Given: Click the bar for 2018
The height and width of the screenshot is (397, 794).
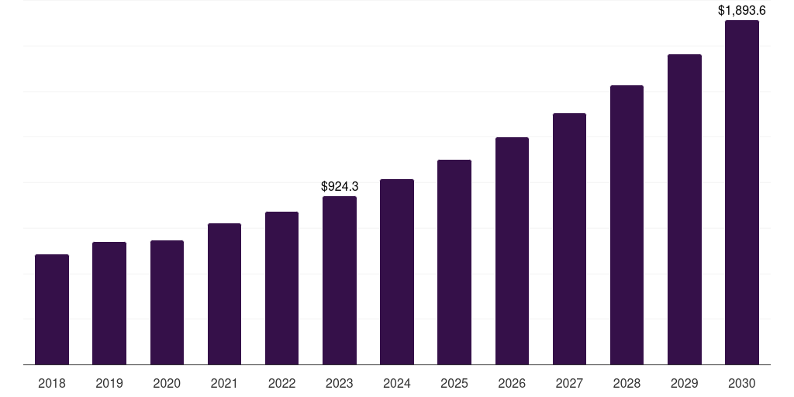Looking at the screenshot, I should click(52, 309).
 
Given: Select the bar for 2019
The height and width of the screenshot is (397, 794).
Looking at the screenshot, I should click(109, 303).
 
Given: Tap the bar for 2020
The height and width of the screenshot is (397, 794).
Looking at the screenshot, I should click(167, 302).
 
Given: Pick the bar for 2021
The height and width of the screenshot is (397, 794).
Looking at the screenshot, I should click(224, 294).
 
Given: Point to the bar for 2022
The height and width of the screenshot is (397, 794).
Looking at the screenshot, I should click(281, 288).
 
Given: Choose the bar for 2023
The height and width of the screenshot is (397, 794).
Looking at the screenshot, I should click(340, 280).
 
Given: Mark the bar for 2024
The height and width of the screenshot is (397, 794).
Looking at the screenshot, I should click(397, 271).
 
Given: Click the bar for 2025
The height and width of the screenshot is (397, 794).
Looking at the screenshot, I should click(454, 262).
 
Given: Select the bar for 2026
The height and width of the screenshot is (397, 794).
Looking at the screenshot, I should click(512, 250).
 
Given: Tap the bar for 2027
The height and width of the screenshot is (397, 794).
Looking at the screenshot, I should click(569, 239).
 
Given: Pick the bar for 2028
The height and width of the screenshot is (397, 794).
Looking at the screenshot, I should click(627, 225).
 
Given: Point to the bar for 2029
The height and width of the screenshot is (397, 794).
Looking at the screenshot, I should click(685, 209).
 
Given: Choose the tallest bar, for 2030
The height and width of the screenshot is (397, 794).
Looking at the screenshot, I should click(742, 192).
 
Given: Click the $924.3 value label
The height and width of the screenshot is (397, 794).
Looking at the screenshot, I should click(340, 187).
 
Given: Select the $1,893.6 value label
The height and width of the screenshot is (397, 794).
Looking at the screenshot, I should click(742, 11).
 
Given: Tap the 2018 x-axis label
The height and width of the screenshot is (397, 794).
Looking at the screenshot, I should click(52, 383).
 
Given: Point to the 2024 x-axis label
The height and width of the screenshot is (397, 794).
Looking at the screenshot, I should click(397, 383).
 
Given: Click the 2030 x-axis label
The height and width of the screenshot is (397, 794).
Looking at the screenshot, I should click(742, 383).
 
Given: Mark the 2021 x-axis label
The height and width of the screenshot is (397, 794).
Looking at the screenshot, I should click(224, 383).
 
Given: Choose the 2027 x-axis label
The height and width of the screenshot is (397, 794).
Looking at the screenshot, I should click(569, 383).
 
